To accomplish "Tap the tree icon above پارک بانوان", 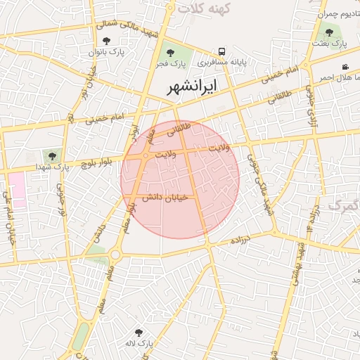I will click(x=106, y=41).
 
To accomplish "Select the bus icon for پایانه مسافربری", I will click(x=221, y=51).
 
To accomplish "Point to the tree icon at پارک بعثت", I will click(x=329, y=32).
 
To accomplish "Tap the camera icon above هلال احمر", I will click(x=345, y=67).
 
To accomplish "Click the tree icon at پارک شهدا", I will click(x=53, y=155).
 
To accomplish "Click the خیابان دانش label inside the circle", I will click(x=165, y=198).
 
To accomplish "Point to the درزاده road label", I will click(x=245, y=240).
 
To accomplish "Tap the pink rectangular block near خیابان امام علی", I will click(x=16, y=188).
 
